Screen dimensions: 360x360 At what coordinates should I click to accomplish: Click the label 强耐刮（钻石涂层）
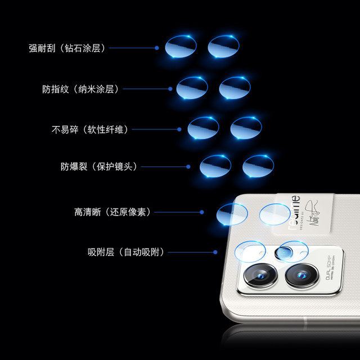(x=67, y=48)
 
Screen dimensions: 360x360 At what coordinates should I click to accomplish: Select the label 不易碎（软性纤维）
(x=90, y=129)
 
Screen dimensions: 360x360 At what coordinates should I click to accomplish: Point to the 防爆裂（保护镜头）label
(x=99, y=166)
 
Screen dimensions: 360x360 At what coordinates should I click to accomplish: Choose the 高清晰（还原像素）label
(x=112, y=212)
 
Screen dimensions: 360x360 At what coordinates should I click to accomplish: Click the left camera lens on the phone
(x=260, y=275)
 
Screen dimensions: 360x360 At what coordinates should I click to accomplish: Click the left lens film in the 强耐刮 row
(x=181, y=46)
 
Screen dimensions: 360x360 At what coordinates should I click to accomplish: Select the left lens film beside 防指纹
(x=192, y=88)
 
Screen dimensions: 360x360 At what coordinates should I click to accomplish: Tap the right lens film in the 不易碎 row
(x=246, y=128)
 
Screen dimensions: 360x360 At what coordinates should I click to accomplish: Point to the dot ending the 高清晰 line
(x=201, y=212)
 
